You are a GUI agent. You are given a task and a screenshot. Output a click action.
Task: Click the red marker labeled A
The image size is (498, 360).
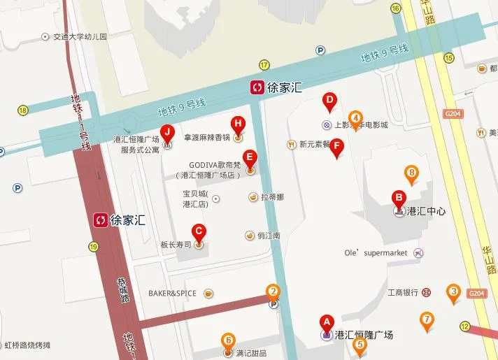(325, 322)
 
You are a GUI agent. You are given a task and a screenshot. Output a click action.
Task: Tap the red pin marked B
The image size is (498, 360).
(399, 198)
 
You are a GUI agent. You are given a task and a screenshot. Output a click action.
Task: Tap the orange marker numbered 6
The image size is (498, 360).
(228, 341)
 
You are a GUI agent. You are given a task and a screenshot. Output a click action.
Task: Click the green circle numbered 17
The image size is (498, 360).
(264, 65)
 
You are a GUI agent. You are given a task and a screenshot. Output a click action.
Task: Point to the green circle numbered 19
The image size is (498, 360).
(93, 246)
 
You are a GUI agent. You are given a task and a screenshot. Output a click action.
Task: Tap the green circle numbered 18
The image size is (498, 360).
(23, 110)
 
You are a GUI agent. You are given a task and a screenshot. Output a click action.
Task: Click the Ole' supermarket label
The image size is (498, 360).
(376, 252)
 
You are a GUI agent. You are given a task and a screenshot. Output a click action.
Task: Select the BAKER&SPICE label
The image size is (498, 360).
(172, 293)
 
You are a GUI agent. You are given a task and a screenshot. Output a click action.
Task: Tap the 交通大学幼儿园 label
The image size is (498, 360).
(80, 37)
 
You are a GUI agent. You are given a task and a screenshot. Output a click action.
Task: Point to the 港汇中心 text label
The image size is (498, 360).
(426, 211)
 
